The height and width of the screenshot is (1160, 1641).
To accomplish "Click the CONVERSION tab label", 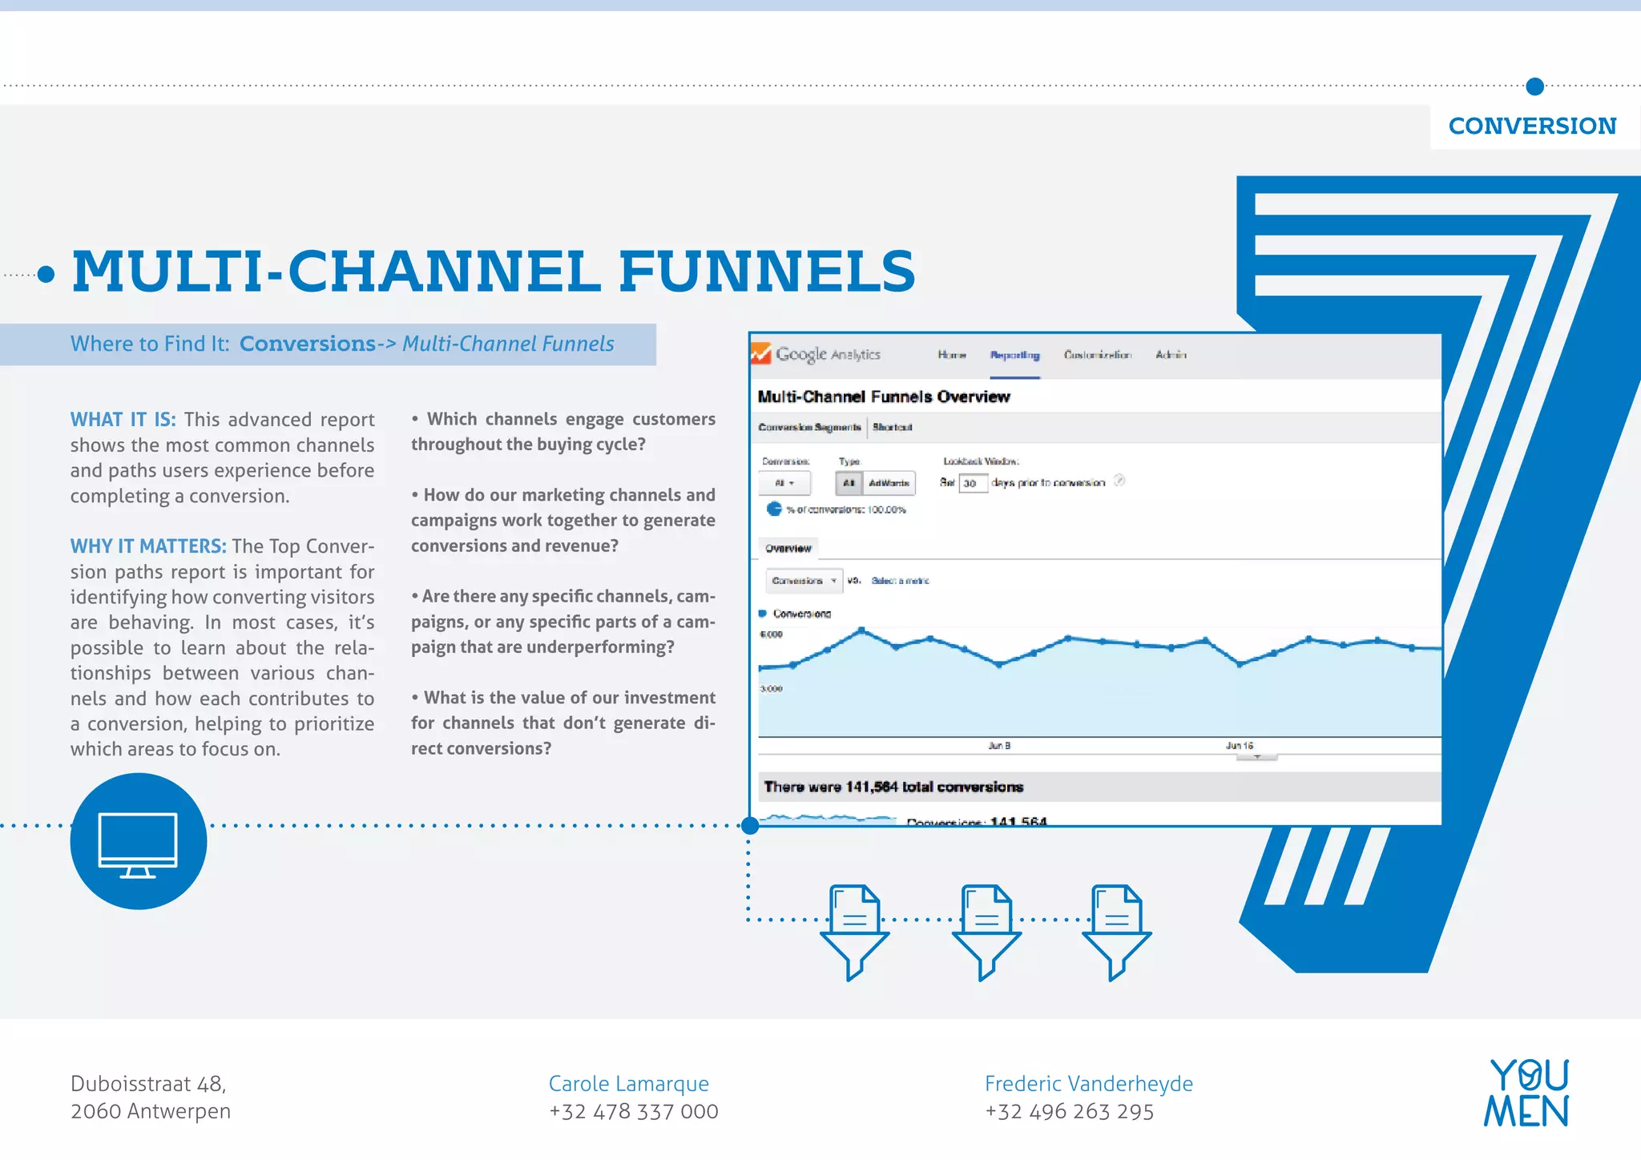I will point(1532,127).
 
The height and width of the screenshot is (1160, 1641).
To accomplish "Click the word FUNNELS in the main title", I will point(767,271).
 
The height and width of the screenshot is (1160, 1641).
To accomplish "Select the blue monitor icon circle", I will point(139,841).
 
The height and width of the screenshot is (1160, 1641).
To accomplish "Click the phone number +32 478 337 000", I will point(633,1112).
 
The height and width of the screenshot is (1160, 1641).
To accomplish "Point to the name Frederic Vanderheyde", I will point(1088,1084).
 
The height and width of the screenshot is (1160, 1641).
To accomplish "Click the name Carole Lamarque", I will point(628,1084).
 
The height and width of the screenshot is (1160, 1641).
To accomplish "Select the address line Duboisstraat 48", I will point(148,1084).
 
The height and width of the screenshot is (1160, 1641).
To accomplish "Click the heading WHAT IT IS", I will point(123,420).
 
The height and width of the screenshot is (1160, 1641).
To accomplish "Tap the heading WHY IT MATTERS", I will point(148,546).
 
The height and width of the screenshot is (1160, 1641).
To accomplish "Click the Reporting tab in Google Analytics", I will point(1014,355).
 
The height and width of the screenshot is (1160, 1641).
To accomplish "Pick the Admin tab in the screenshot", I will point(1171,355).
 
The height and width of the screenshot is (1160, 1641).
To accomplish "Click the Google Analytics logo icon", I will point(761,353).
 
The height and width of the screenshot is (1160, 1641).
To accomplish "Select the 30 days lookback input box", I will point(972,483).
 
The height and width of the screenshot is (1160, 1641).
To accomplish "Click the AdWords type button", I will point(889,483).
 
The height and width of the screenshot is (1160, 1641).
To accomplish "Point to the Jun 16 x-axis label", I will point(1239,746).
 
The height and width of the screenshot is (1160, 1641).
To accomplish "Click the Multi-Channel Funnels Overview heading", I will point(884,397).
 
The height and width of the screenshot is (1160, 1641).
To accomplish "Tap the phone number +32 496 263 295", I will point(1069,1112).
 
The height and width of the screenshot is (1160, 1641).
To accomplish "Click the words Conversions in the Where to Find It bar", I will point(307,344).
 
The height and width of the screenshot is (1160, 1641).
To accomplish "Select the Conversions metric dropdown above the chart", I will point(804,581).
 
